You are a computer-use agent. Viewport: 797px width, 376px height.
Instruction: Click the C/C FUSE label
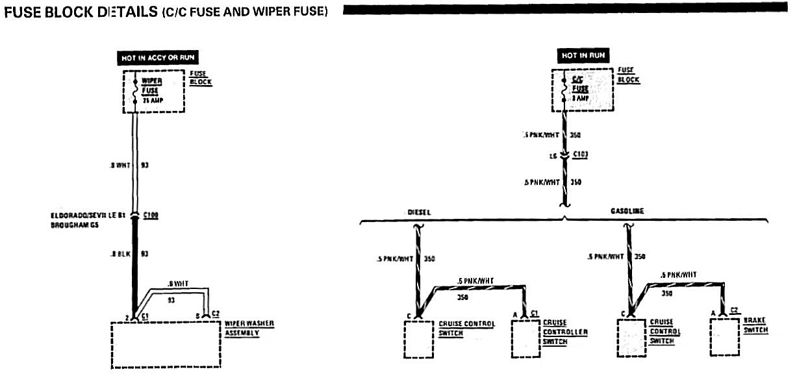(580, 84)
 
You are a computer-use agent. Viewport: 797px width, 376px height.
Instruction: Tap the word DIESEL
(420, 212)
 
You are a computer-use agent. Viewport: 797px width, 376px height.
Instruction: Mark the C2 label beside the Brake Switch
(735, 310)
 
